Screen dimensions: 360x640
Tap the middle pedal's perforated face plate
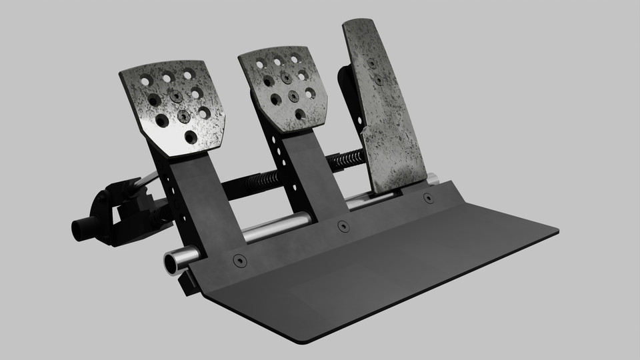pos(283,90)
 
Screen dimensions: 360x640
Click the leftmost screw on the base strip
pos(239,261)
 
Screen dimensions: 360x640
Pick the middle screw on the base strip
pos(343,226)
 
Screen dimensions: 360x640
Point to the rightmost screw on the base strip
pos(428,198)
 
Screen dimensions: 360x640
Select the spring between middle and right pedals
pos(348,159)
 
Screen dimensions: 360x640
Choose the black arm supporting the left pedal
pos(200,200)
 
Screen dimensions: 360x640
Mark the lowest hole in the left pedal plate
pos(191,137)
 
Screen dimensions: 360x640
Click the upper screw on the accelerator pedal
pos(371,63)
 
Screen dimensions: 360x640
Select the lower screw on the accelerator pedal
pos(379,80)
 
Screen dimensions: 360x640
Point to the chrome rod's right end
pos(433,179)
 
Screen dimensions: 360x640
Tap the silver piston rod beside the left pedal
pos(149,179)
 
